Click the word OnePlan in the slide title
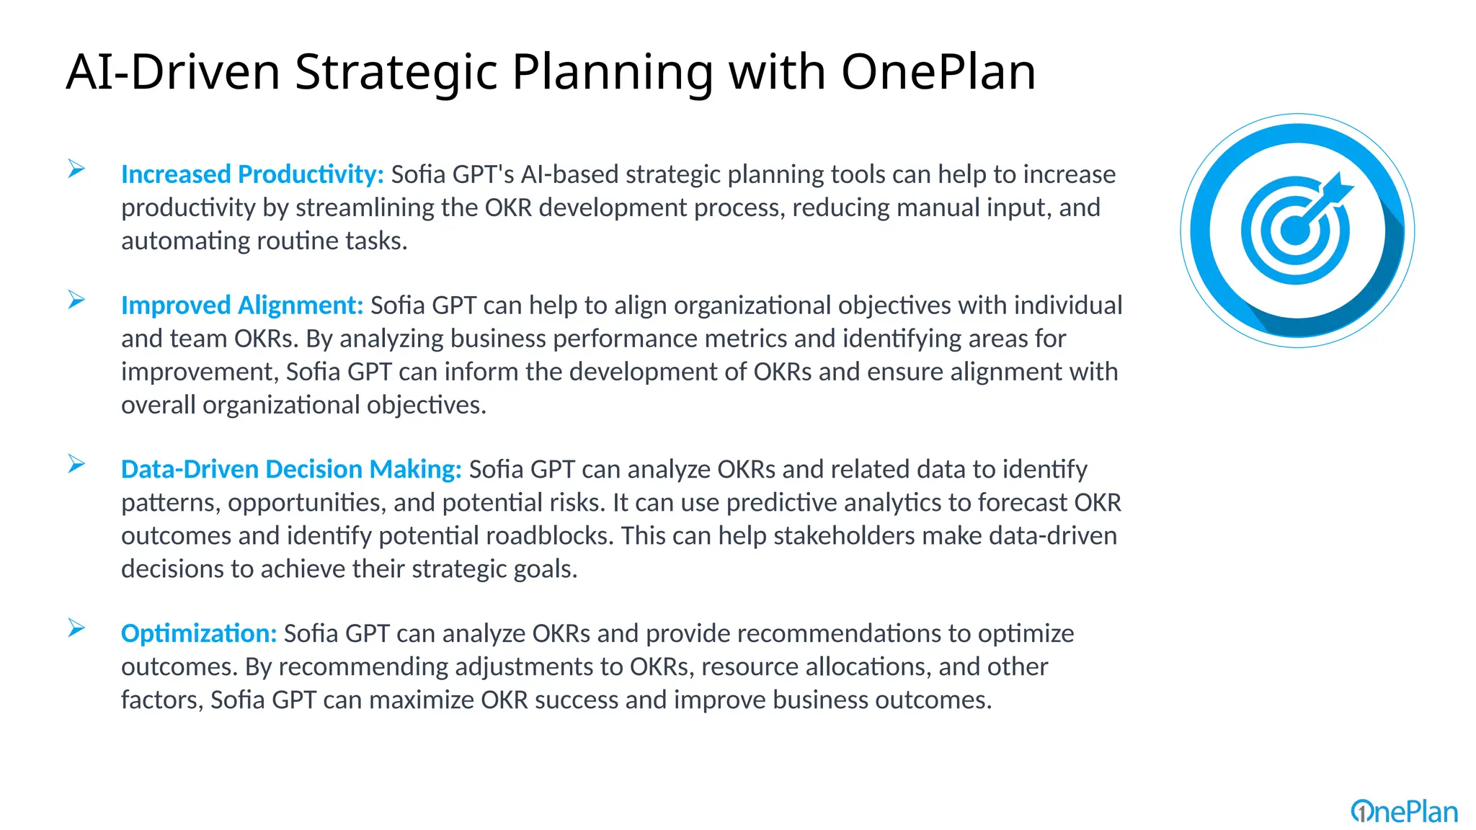[x=938, y=72]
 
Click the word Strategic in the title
[x=396, y=72]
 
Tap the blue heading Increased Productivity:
[x=252, y=174]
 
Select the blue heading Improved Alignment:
[x=242, y=305]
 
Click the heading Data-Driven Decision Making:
[x=291, y=469]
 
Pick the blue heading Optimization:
[x=199, y=633]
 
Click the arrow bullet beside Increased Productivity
[x=76, y=169]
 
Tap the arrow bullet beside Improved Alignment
[x=76, y=300]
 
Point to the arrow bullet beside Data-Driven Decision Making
[x=76, y=464]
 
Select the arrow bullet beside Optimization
[x=76, y=628]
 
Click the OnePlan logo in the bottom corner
[x=1404, y=812]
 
